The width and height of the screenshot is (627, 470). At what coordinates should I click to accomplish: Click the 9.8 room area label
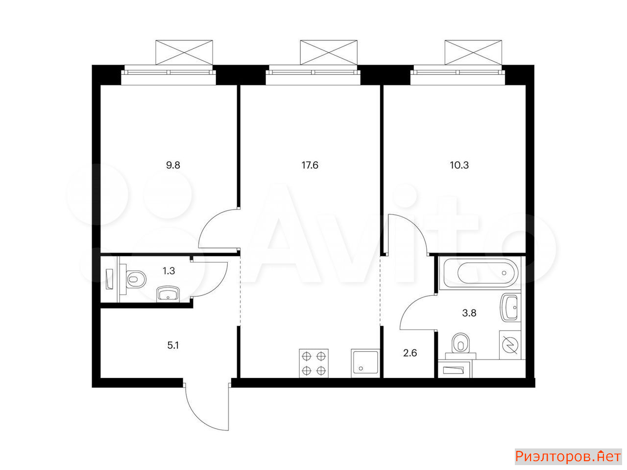[x=173, y=165]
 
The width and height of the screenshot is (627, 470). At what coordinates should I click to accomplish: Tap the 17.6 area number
[x=310, y=165]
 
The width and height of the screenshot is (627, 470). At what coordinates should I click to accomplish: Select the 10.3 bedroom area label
[x=459, y=165]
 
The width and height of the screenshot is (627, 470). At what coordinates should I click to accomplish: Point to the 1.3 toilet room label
[x=169, y=271]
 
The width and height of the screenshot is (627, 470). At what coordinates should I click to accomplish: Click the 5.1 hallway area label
[x=173, y=346]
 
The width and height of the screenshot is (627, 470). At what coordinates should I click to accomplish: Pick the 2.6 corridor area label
[x=410, y=353]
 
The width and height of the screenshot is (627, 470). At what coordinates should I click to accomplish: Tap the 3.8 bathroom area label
[x=469, y=313]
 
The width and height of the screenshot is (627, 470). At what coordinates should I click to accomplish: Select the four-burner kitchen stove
[x=313, y=363]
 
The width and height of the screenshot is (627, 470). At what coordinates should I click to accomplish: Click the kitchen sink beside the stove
[x=365, y=363]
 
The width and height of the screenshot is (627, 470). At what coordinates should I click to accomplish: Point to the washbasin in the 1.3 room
[x=168, y=294]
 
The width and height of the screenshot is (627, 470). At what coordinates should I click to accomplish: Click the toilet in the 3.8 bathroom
[x=460, y=346]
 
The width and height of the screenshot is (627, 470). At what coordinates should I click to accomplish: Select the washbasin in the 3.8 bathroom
[x=509, y=307]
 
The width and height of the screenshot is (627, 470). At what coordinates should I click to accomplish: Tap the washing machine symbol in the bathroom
[x=510, y=345]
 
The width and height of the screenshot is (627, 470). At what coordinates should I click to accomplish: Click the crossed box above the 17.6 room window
[x=329, y=52]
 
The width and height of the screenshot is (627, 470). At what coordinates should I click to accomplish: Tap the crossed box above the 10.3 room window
[x=473, y=52]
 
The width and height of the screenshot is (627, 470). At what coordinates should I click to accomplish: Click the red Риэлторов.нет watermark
[x=568, y=457]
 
